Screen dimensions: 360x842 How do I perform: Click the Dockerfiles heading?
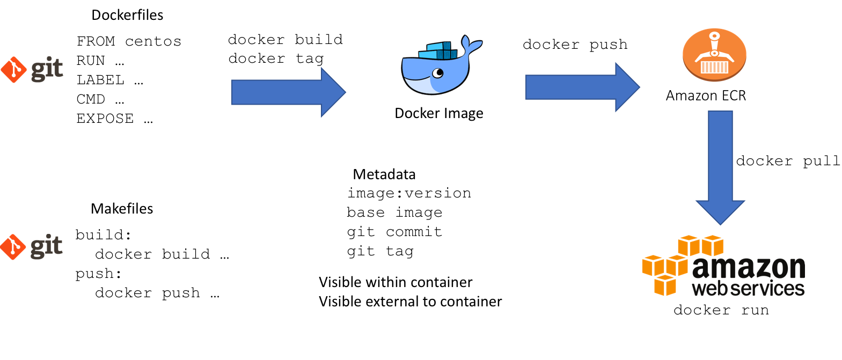click(x=127, y=15)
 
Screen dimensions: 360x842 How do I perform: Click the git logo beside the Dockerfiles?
click(x=32, y=69)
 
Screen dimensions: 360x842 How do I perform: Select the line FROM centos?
click(x=129, y=41)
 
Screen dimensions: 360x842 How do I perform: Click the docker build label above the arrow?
click(x=285, y=40)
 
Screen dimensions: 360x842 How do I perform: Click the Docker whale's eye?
click(x=439, y=73)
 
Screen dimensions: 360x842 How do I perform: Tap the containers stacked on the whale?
click(x=440, y=51)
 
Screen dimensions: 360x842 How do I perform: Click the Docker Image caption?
click(x=438, y=113)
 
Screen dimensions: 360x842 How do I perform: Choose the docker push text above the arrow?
click(x=575, y=45)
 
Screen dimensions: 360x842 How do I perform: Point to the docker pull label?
click(x=787, y=161)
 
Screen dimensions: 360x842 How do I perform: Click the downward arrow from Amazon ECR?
click(x=720, y=166)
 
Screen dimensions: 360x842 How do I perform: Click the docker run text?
click(x=721, y=310)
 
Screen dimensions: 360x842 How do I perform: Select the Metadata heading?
click(x=384, y=174)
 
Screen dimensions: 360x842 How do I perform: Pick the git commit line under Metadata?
click(x=394, y=232)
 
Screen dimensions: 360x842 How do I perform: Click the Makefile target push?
click(x=98, y=274)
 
